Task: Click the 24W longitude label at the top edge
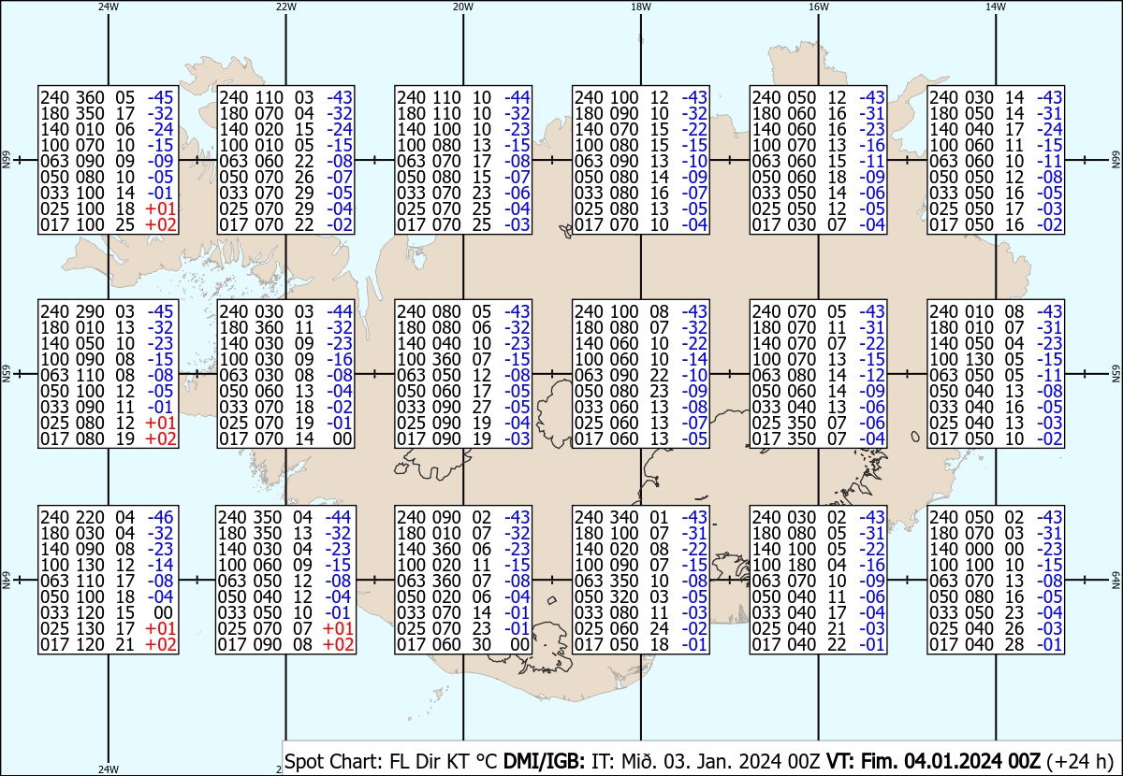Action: (109, 7)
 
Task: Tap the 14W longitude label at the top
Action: (996, 7)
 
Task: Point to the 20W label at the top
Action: (463, 7)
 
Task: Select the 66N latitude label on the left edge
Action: (6, 160)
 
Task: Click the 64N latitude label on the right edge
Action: (1116, 580)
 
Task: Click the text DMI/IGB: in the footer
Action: (544, 761)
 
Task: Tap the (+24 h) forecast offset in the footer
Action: (1080, 761)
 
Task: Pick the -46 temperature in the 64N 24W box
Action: (160, 517)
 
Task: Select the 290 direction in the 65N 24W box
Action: (90, 311)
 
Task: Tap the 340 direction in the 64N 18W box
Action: (623, 517)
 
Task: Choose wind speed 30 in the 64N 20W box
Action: (481, 645)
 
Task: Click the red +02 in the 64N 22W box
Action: (339, 645)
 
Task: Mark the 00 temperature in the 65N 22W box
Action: (343, 439)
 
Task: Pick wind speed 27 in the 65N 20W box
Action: (481, 408)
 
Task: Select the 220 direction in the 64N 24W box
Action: (90, 517)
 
